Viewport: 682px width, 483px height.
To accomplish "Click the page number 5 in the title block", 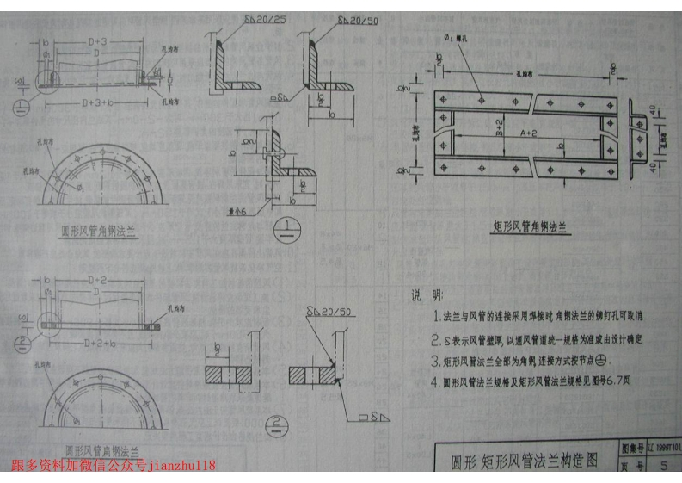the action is [663, 468].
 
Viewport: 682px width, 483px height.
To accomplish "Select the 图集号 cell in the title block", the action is [631, 449].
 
